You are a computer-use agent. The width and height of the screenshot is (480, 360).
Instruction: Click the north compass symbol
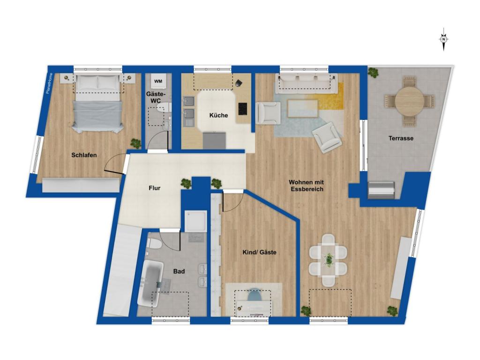443,40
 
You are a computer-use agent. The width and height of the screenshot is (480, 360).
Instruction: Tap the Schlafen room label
84,155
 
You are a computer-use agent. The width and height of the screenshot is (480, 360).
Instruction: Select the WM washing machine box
158,82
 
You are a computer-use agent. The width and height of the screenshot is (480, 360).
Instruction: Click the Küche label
218,115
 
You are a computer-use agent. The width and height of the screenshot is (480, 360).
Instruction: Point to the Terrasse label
400,138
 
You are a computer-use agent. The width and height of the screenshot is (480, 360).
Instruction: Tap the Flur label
154,188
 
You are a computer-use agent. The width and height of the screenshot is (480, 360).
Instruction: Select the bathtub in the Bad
150,284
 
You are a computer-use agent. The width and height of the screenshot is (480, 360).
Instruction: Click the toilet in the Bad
154,244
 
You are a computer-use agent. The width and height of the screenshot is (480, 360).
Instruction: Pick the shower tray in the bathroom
195,221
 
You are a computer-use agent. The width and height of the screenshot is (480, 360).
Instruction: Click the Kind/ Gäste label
259,252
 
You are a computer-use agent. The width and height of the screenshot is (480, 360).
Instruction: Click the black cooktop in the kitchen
243,108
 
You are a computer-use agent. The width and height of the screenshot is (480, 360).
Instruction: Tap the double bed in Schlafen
98,103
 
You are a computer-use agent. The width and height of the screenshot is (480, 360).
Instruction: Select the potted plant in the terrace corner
374,72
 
